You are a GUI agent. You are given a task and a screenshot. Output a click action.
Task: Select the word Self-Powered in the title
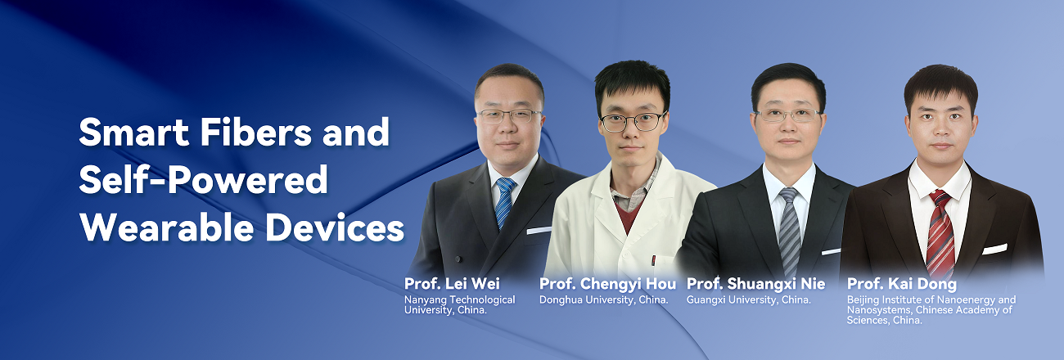point(203,181)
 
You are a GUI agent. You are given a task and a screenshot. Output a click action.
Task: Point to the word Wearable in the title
point(167,228)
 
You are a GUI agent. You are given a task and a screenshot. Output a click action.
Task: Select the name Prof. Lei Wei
point(452,284)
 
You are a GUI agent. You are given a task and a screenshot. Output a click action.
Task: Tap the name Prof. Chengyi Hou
point(607,284)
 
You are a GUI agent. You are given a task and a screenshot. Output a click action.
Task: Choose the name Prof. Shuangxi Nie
point(755,284)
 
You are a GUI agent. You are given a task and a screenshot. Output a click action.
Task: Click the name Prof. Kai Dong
point(902,284)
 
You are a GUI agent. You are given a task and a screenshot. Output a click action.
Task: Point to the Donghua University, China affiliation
point(604,300)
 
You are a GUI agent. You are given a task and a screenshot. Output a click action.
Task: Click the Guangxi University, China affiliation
point(749,300)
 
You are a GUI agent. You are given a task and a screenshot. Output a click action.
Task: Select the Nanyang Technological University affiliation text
point(459,305)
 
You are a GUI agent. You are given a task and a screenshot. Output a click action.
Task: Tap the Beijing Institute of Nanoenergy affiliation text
point(931,310)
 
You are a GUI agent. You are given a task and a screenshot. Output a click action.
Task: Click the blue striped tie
point(504,202)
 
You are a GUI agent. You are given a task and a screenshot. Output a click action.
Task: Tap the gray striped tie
point(790,231)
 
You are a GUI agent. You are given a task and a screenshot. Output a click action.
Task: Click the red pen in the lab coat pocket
point(654,261)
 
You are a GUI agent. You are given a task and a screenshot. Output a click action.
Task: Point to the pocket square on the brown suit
point(994,249)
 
